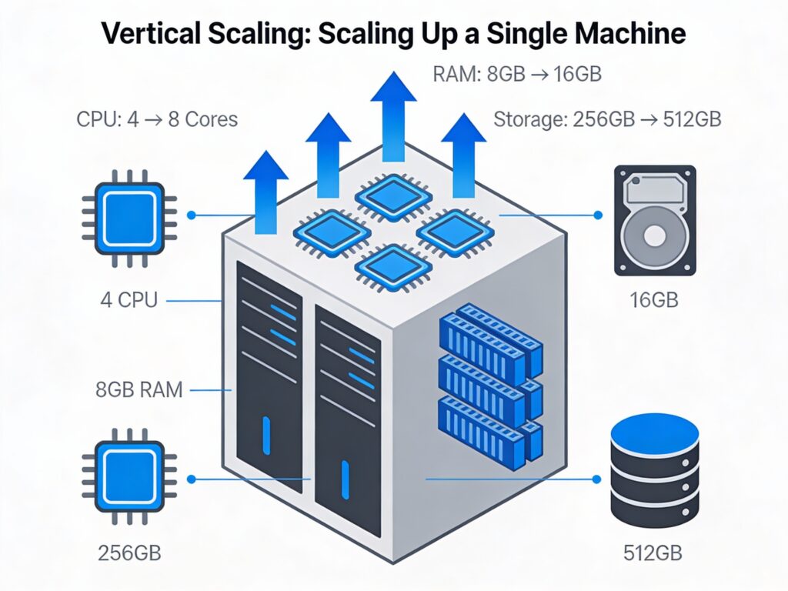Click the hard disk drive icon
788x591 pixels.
pos(655,220)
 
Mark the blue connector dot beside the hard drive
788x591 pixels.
pos(597,216)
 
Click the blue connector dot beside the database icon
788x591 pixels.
pos(596,479)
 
